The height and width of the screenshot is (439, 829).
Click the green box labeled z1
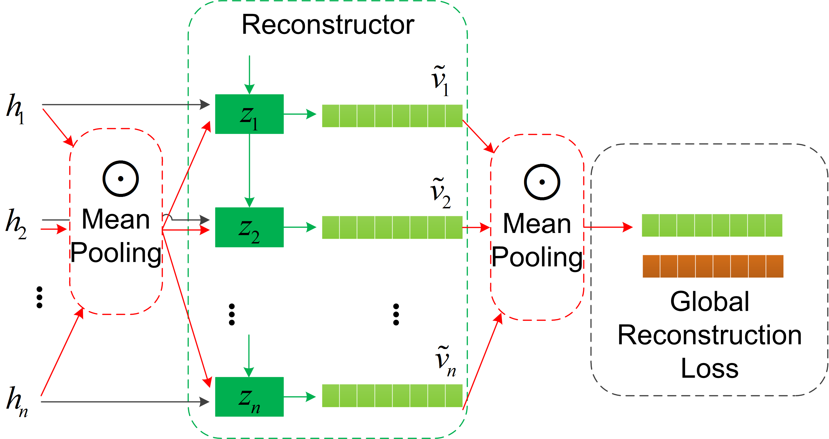[249, 114]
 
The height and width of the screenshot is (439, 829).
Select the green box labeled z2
[249, 227]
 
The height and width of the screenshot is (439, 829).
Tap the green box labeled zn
[249, 396]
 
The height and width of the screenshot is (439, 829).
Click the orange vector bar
[713, 266]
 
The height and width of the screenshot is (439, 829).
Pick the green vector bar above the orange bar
[712, 225]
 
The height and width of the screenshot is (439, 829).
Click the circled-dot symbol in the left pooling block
[121, 179]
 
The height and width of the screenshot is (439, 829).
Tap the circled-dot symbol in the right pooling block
[542, 182]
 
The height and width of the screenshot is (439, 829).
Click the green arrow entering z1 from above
[249, 74]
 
